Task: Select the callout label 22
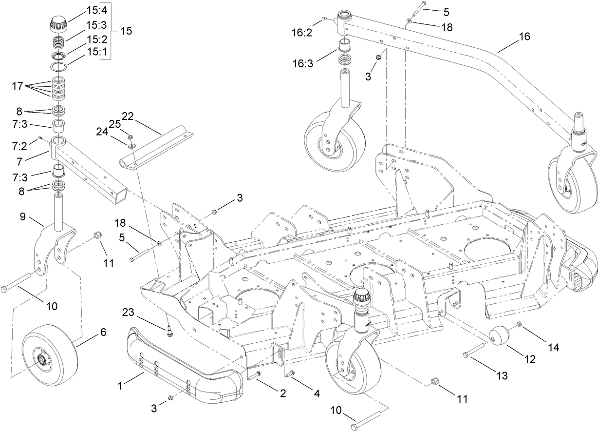click(x=128, y=116)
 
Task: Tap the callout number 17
click(x=17, y=86)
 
